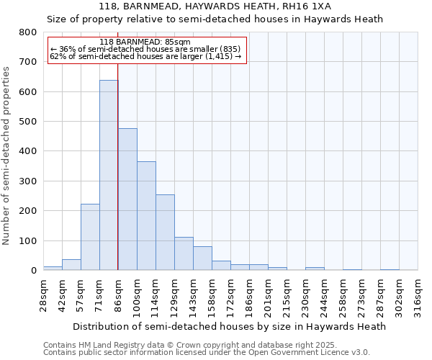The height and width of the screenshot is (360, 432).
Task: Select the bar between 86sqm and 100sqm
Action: [127, 199]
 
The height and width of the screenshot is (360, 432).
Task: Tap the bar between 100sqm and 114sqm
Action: [146, 216]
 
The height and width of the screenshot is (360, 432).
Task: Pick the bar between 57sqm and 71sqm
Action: [90, 237]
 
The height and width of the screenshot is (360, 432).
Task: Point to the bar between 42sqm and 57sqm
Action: [71, 264]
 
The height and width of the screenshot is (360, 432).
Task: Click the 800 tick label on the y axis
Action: [27, 32]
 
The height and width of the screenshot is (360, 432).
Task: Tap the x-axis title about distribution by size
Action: [230, 326]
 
